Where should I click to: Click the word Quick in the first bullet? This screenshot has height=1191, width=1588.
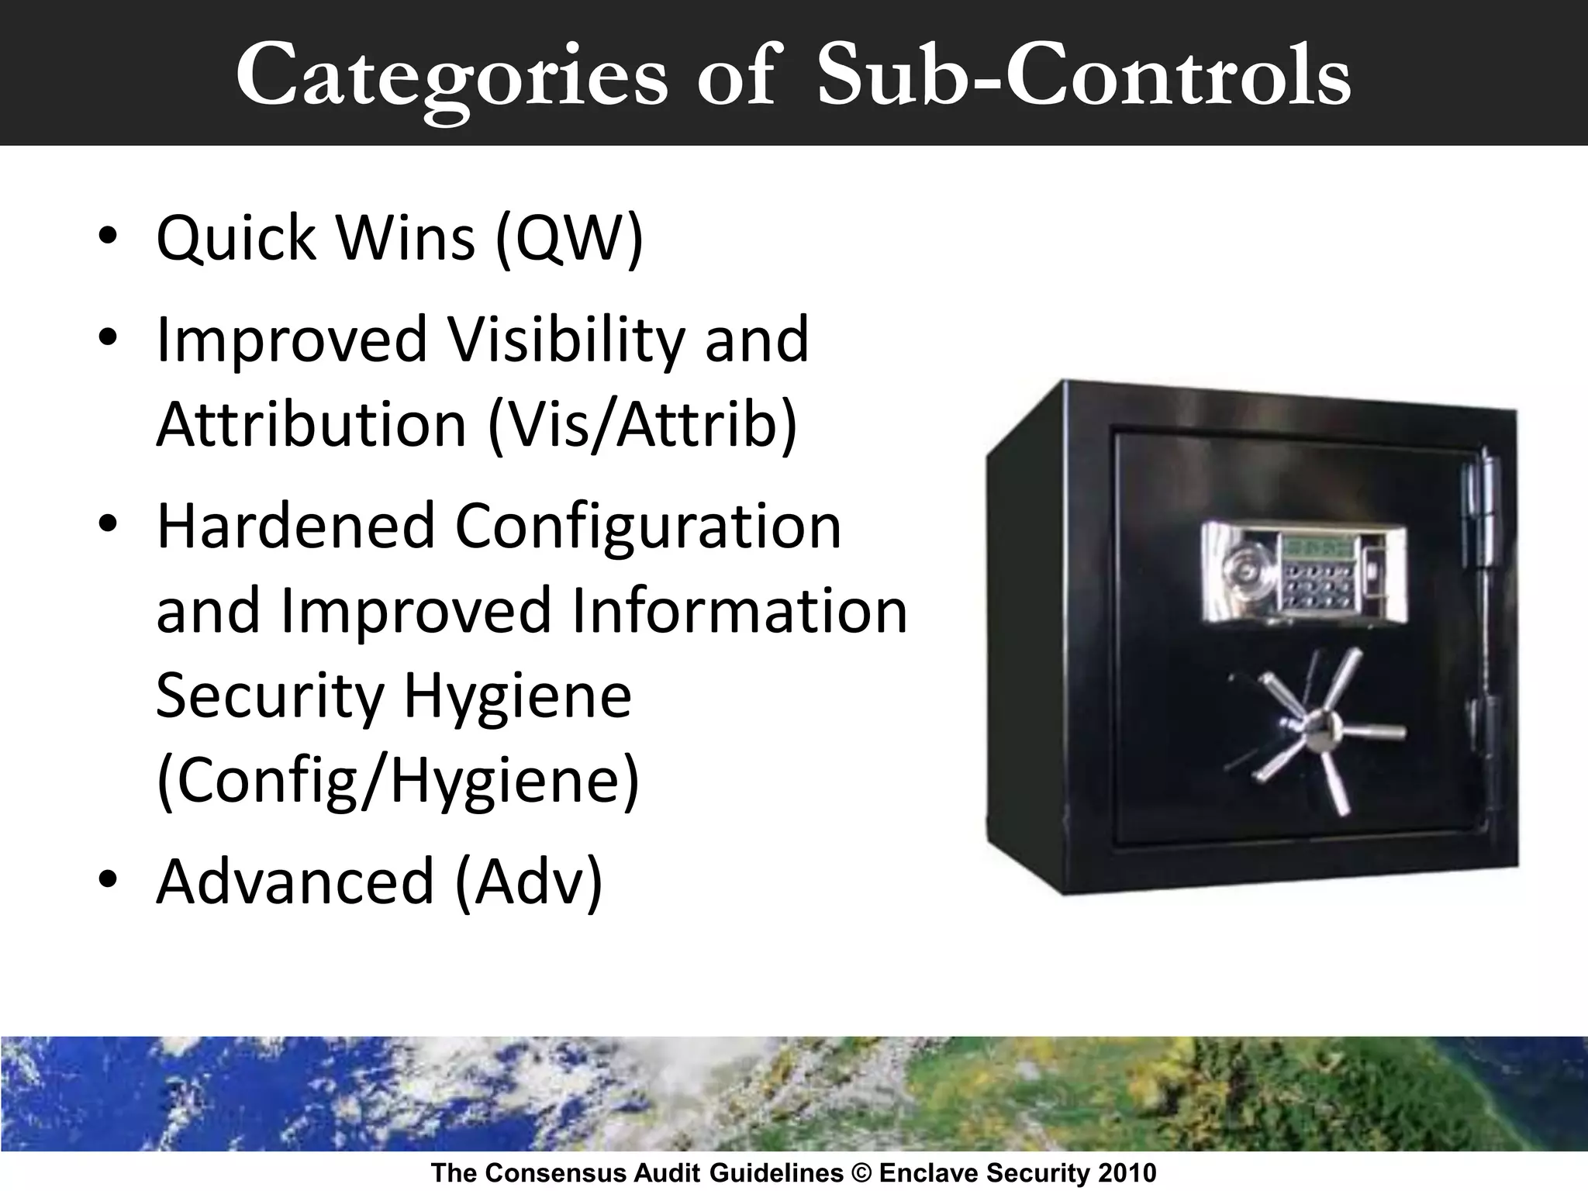click(236, 239)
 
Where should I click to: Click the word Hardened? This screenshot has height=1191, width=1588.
click(295, 526)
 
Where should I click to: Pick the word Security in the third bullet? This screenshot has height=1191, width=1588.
click(269, 696)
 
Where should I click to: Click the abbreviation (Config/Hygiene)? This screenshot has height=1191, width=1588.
click(398, 780)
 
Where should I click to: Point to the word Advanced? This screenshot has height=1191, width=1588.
click(295, 882)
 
